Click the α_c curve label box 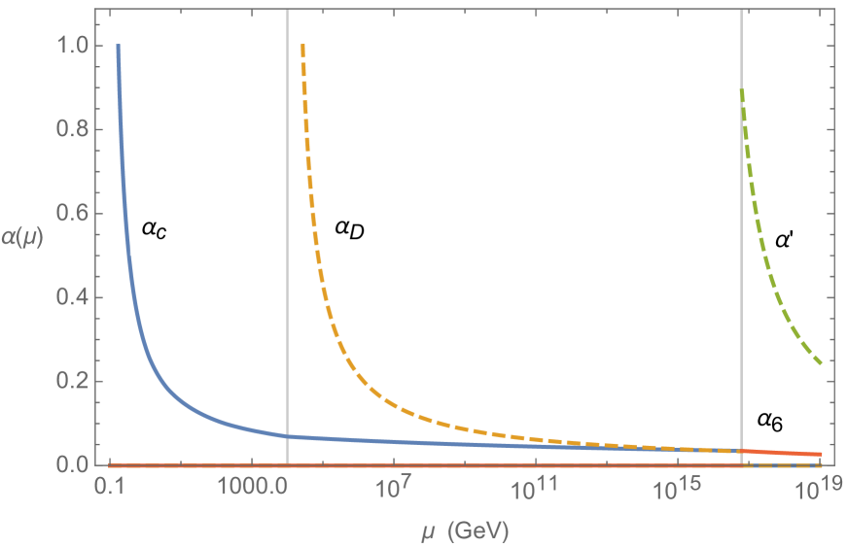tap(156, 229)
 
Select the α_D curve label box tap(350, 229)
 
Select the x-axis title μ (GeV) tap(461, 531)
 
